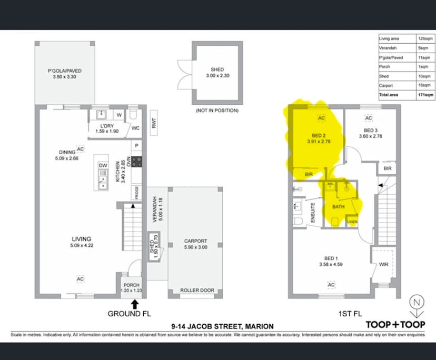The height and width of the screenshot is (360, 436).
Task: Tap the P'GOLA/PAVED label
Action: tap(65, 71)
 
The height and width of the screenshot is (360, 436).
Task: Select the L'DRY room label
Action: tap(108, 126)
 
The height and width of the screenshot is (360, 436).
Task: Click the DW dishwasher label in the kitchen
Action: tap(103, 165)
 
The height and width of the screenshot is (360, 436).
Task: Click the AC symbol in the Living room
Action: tap(81, 278)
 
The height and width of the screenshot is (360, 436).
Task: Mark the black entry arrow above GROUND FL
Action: tap(135, 304)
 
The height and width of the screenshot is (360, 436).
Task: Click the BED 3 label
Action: tap(370, 130)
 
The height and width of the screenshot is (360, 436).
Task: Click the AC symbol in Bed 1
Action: tap(331, 285)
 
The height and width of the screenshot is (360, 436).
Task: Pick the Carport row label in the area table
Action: tap(385, 85)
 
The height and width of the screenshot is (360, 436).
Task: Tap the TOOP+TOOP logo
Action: tap(395, 324)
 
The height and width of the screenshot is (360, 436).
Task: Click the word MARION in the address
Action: tap(258, 326)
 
